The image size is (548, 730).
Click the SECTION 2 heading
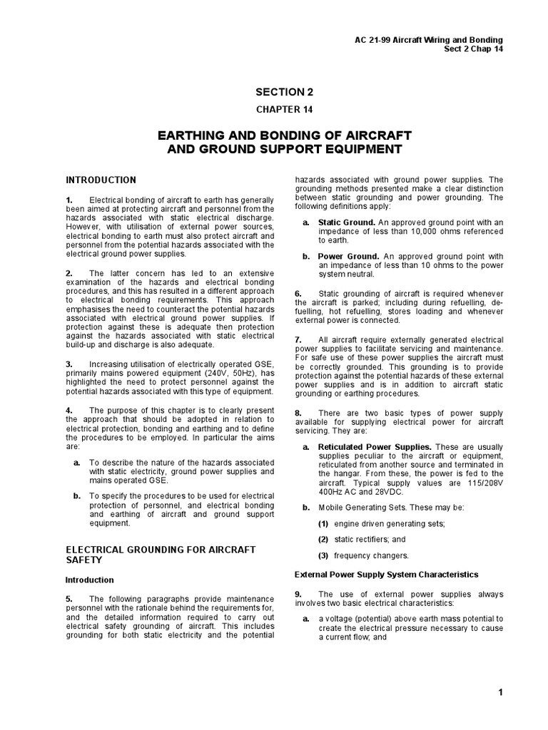click(284, 91)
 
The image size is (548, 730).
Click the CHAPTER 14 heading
click(284, 109)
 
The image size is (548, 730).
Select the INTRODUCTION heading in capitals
click(101, 180)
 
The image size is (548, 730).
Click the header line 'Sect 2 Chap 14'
click(473, 49)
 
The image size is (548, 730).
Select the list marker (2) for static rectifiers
click(323, 540)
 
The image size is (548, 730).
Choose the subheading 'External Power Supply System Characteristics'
click(386, 574)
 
